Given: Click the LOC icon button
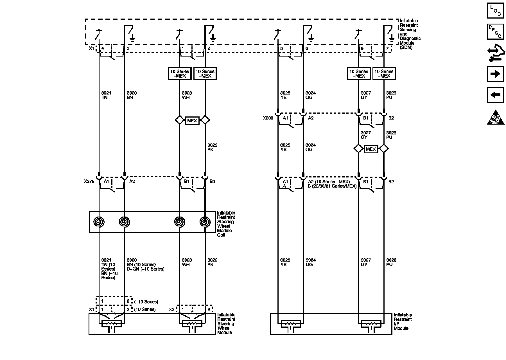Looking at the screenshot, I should pos(495,11).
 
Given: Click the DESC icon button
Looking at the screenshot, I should pos(495,31).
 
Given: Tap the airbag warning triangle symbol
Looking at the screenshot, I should pos(495,117).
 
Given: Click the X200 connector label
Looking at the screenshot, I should pos(268,118).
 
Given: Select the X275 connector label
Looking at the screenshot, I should pos(89,182).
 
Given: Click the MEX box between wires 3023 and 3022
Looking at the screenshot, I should pos(192,120).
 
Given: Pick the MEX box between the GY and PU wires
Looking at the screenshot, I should pos(371,149).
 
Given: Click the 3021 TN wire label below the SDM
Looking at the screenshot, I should pos(106,95).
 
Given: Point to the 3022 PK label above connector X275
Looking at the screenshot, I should pos(212,147).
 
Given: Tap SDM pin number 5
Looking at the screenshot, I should pos(281,48).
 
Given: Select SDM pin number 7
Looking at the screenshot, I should pos(387,48).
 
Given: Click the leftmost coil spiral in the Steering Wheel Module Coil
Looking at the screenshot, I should pos(99,222).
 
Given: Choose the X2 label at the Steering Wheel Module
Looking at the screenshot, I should pos(171,310).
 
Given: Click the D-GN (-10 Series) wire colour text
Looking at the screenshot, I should pos(145,269).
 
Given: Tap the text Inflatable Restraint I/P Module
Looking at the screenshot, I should pos(403,321).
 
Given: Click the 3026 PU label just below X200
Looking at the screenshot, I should pos(391,135).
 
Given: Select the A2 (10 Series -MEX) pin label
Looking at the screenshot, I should pos(329,182).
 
